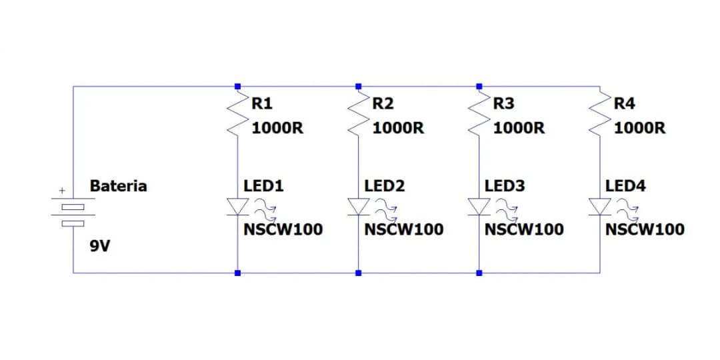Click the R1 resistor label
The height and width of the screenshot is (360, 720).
click(x=261, y=103)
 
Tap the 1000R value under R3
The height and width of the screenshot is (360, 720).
click(x=519, y=127)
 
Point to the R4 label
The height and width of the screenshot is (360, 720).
click(x=624, y=103)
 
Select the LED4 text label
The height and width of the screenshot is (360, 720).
click(x=625, y=185)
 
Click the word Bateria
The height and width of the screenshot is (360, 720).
click(x=118, y=185)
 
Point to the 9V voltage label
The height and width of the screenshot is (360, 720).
click(x=100, y=247)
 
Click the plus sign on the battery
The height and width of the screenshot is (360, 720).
click(x=61, y=191)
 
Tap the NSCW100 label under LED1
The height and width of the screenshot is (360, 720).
click(x=283, y=230)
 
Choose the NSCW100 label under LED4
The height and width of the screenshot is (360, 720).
click(x=645, y=230)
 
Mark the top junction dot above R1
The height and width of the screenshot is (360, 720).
click(x=237, y=86)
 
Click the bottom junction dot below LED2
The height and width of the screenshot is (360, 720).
click(x=358, y=273)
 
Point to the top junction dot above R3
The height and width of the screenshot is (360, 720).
click(x=479, y=86)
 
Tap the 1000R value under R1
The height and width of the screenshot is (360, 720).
click(x=277, y=127)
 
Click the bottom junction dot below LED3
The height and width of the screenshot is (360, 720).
click(x=479, y=273)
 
